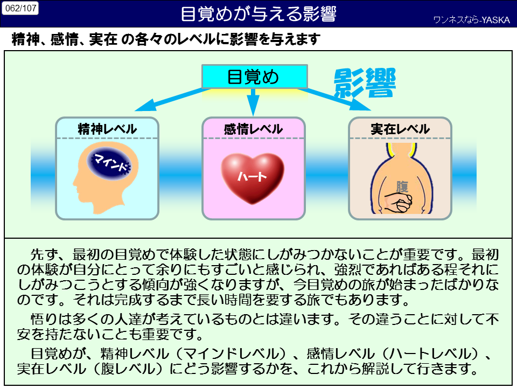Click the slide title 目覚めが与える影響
tap(258, 14)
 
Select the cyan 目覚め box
tap(254, 77)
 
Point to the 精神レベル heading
tap(107, 129)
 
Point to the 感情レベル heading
tap(254, 129)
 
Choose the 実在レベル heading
tap(400, 129)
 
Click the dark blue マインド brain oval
tap(109, 162)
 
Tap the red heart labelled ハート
tap(253, 175)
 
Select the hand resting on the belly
tap(399, 204)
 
